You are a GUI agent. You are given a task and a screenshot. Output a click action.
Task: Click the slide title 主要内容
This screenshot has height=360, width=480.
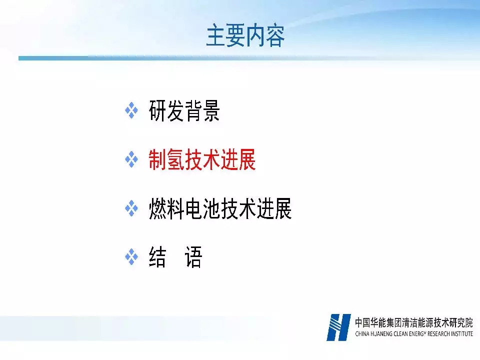pos(245,36)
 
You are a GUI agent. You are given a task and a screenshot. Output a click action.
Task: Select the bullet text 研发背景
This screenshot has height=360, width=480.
pos(184,110)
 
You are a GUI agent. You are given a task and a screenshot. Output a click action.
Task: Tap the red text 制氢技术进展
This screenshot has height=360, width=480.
pos(202,159)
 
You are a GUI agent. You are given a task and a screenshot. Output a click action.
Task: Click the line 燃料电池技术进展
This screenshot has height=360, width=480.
pos(220,208)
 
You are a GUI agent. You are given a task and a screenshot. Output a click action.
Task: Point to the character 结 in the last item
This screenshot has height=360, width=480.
pos(157,257)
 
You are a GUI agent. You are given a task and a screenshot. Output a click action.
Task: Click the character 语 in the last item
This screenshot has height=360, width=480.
pos(193,257)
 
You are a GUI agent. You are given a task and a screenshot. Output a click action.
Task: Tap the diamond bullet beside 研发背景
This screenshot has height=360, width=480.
pos(131,110)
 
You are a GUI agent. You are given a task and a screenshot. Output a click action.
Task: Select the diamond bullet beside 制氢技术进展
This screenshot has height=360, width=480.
pos(131,159)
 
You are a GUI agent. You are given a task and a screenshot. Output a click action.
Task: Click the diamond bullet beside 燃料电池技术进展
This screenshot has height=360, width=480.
pos(131,208)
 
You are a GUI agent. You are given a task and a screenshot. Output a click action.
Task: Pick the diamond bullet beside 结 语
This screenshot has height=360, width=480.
pos(131,257)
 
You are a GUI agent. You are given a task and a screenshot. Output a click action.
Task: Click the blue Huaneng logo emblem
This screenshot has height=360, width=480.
pos(338,327)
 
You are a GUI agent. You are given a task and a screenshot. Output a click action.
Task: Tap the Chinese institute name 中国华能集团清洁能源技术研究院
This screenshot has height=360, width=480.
pos(414,322)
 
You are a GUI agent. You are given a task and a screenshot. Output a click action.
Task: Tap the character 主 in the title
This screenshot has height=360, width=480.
pos(216,36)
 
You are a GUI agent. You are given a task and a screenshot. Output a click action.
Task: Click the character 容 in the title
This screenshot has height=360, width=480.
pos(275,36)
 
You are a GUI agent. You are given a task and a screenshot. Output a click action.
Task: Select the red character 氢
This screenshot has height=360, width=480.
pos(175,159)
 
